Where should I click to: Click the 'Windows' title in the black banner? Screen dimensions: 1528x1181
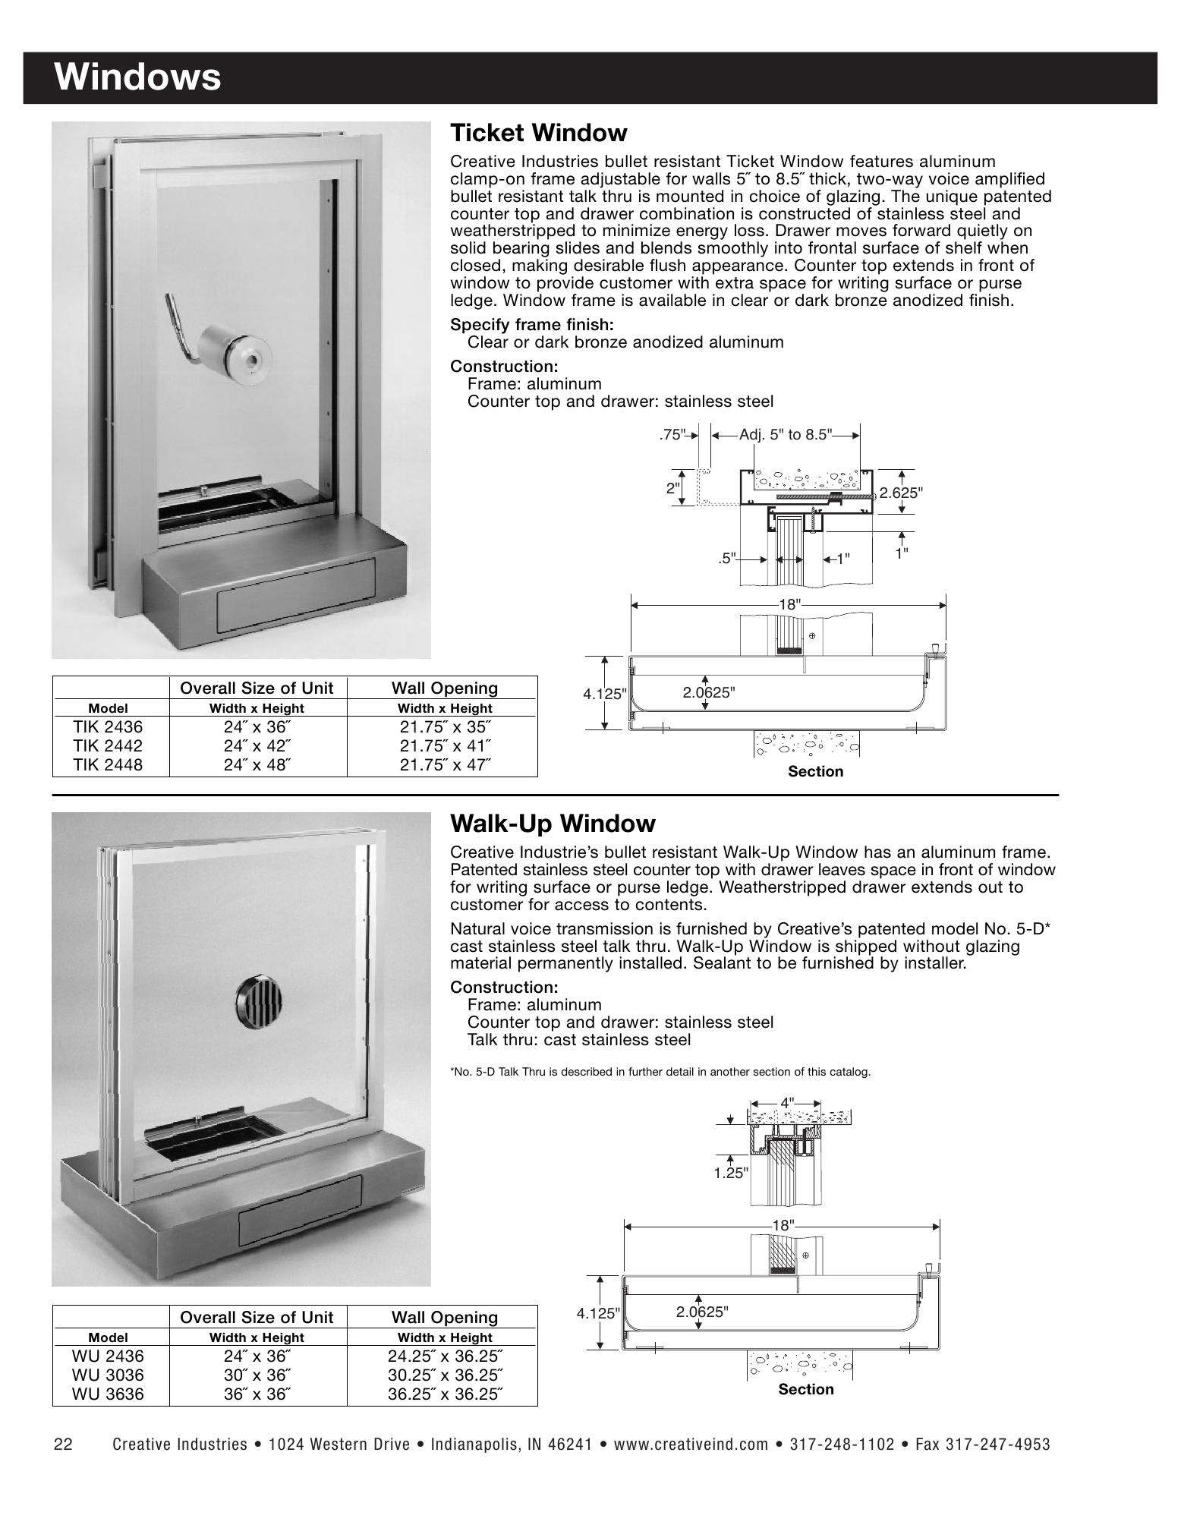coord(137,77)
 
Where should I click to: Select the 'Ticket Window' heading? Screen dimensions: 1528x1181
coord(538,133)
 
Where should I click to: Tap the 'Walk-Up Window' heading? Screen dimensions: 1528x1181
coord(553,824)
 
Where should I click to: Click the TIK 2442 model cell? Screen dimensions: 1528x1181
coord(108,746)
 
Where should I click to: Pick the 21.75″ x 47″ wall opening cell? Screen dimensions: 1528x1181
coord(446,764)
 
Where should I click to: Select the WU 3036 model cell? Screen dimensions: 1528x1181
coord(108,1375)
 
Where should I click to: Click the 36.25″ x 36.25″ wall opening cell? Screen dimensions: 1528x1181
coord(446,1394)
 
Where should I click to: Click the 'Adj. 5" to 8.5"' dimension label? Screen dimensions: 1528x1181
coord(786,435)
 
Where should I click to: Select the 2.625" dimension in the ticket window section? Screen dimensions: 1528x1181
coord(901,493)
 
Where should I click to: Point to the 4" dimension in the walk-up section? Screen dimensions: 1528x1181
coord(787,1101)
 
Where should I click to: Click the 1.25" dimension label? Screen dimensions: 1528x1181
coord(730,1173)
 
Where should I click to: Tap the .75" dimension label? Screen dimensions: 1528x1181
coord(672,435)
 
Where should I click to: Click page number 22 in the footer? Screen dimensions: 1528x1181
coord(62,1445)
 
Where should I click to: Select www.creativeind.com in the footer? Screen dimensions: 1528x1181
coord(691,1445)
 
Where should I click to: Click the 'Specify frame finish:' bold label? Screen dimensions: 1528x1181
coord(531,325)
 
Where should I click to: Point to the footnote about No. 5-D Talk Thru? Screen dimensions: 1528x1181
coord(660,1072)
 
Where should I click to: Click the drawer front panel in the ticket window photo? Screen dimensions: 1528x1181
coord(296,597)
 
